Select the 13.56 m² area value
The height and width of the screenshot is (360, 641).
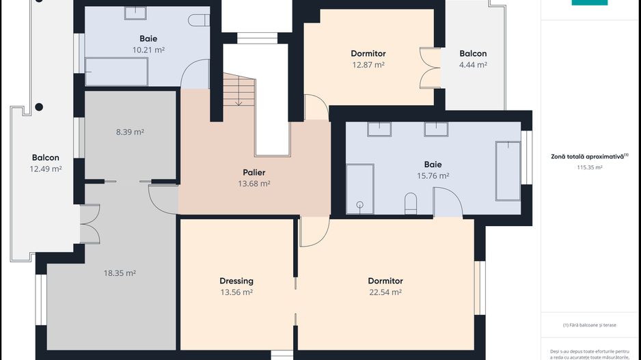236,292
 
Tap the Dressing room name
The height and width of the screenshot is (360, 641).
236,281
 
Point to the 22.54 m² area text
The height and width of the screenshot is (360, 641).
385,292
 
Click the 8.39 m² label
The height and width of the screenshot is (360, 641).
129,132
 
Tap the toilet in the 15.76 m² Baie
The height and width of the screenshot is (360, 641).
411,202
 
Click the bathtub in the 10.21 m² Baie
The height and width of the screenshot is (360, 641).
116,71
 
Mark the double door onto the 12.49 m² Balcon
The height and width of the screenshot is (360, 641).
90,225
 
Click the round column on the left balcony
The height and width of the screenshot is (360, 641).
39,107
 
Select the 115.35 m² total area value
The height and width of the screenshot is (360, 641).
589,167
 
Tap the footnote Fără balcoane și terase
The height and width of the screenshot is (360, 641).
589,324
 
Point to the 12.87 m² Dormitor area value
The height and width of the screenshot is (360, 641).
368,65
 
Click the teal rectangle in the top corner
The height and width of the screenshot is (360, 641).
589,3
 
